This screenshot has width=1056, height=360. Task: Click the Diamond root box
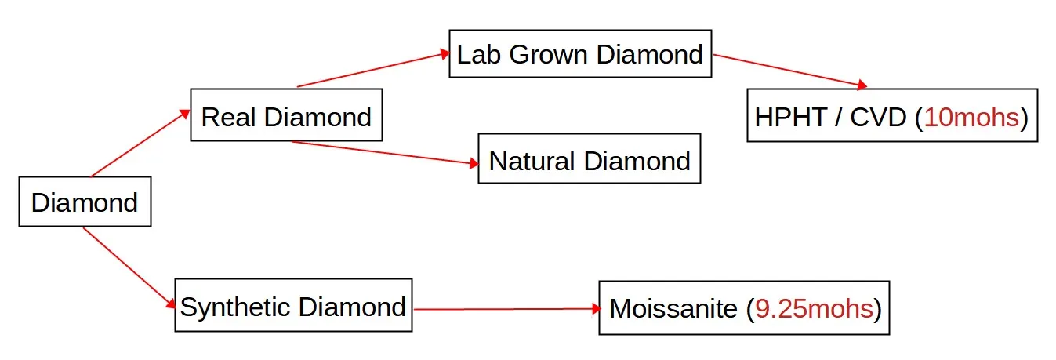85,203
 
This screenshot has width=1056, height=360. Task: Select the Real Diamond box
286,117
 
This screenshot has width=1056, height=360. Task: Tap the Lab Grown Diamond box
580,54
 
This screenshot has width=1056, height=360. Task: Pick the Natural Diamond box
589,161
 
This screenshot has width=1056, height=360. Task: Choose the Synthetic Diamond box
293,306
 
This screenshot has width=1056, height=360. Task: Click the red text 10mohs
972,117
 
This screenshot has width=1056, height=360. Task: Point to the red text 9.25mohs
814,308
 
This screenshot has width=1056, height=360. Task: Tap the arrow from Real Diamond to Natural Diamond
384,153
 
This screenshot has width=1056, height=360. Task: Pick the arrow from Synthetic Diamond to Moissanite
506,309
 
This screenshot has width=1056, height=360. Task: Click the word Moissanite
673,308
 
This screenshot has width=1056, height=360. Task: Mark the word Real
228,117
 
